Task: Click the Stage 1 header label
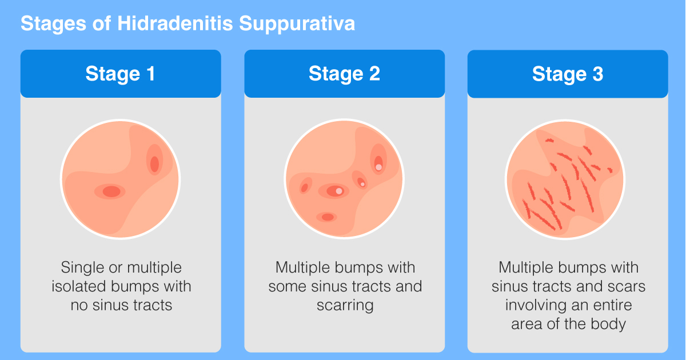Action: point(120,74)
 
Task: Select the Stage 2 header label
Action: point(344,74)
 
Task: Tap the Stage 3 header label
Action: point(568,74)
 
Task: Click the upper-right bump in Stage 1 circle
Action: point(154,163)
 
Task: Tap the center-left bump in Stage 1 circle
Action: point(111,191)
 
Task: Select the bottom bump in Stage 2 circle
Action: point(326,217)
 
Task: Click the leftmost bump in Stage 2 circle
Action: point(305,187)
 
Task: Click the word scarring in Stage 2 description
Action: point(345,305)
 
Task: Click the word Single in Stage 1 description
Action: point(81,267)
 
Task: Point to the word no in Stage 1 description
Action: point(78,305)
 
